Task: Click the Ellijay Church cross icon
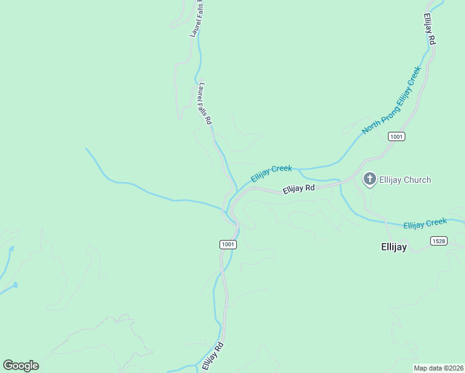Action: pyautogui.click(x=369, y=180)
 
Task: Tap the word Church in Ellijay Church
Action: pyautogui.click(x=417, y=180)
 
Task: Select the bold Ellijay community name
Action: pyautogui.click(x=394, y=247)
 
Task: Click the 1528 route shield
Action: pyautogui.click(x=438, y=241)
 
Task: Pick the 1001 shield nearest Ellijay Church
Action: pyautogui.click(x=397, y=136)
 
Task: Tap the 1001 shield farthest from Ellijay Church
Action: pyautogui.click(x=228, y=244)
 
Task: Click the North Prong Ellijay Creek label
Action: pyautogui.click(x=392, y=99)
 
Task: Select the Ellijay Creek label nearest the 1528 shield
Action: pyautogui.click(x=425, y=223)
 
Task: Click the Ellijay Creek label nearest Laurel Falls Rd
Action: pyautogui.click(x=271, y=173)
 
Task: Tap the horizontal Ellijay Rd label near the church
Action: pyautogui.click(x=298, y=188)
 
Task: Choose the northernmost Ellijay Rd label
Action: pyautogui.click(x=430, y=29)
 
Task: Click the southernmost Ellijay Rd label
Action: pyautogui.click(x=212, y=356)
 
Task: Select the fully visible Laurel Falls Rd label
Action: pyautogui.click(x=205, y=103)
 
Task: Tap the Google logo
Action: pyautogui.click(x=21, y=366)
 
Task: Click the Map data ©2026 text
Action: pyautogui.click(x=438, y=368)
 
